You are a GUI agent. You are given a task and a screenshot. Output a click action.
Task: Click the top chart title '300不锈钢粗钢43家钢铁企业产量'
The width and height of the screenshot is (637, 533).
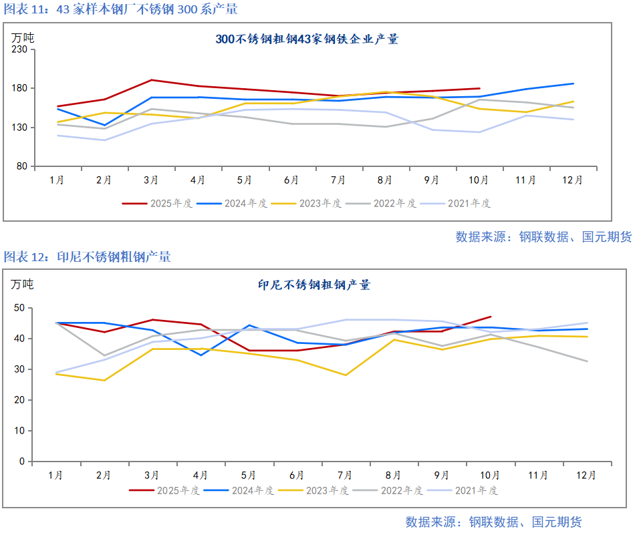307,39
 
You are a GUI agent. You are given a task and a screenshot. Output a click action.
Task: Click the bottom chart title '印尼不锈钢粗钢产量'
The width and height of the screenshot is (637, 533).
314,285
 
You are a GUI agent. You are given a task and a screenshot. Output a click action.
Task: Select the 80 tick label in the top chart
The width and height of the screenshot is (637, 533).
24,166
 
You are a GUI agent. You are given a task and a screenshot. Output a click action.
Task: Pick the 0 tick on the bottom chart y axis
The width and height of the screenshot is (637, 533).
21,462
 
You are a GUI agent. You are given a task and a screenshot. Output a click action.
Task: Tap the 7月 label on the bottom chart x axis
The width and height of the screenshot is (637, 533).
346,476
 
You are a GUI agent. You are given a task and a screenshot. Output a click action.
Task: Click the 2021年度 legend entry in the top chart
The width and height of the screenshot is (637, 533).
469,203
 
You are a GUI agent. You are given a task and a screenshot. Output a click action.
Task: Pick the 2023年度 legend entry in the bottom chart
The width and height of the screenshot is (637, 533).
327,490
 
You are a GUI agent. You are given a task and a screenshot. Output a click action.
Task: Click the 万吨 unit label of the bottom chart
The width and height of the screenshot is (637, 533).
21,284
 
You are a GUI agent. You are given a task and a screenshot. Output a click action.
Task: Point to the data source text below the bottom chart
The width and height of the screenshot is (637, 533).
493,522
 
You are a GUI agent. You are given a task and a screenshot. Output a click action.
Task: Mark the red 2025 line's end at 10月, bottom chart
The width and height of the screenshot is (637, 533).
491,317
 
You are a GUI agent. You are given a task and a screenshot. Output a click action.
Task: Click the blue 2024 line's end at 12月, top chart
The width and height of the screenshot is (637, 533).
574,83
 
